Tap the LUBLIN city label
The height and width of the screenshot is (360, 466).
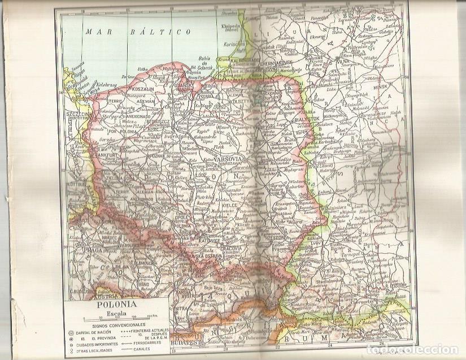click(x=279, y=193)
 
